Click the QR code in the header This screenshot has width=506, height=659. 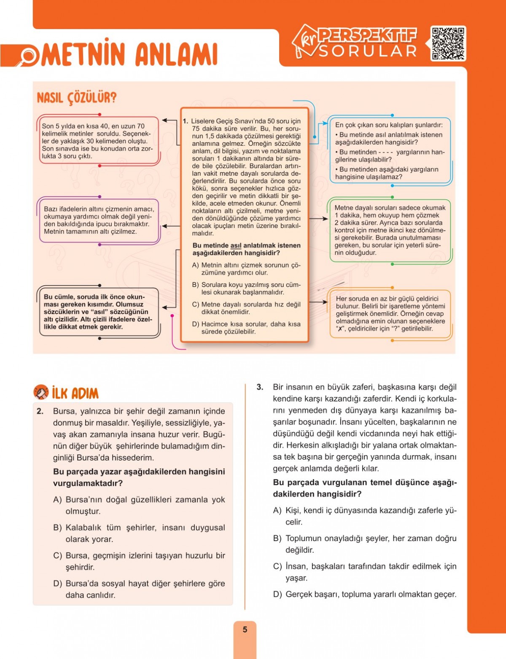pyautogui.click(x=448, y=43)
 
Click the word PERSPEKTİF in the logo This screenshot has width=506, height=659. pyautogui.click(x=367, y=35)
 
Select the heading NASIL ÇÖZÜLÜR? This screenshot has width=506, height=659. pyautogui.click(x=76, y=98)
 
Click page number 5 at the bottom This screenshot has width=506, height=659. pyautogui.click(x=245, y=630)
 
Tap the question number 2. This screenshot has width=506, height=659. pyautogui.click(x=40, y=411)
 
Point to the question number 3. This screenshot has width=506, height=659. pyautogui.click(x=260, y=387)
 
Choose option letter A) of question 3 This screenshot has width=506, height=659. pyautogui.click(x=277, y=511)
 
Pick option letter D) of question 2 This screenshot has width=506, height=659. pyautogui.click(x=57, y=584)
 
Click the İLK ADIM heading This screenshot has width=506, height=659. pyautogui.click(x=75, y=394)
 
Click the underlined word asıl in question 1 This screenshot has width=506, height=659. pyautogui.click(x=236, y=246)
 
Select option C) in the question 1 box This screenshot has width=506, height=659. pyautogui.click(x=195, y=305)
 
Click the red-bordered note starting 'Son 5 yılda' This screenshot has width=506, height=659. pyautogui.click(x=98, y=141)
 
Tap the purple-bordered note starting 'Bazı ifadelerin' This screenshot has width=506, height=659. pyautogui.click(x=99, y=220)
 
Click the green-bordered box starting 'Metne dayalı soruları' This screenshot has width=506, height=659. pyautogui.click(x=390, y=230)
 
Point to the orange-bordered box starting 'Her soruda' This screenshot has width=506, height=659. pyautogui.click(x=390, y=313)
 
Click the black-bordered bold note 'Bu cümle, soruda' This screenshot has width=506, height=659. pyautogui.click(x=98, y=312)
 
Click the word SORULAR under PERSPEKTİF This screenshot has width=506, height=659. pyautogui.click(x=368, y=51)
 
